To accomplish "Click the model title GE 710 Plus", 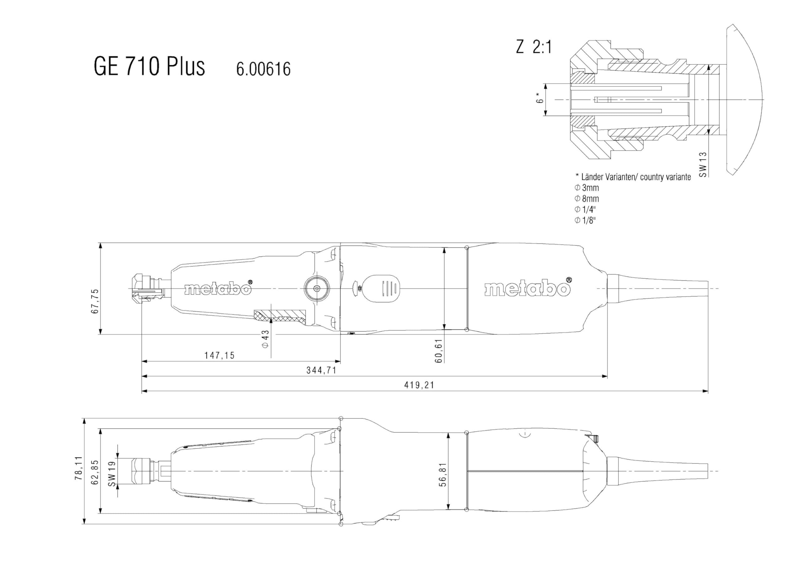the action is pos(149,66).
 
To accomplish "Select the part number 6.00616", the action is pos(263,69).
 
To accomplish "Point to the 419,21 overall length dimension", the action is pos(419,385).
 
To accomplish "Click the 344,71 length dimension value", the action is pos(322,370).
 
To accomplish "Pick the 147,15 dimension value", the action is pos(220,356).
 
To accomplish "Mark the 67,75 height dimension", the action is pos(95,301).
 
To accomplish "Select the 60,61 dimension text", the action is pos(439,351).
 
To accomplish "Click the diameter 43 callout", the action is pos(265,339).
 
